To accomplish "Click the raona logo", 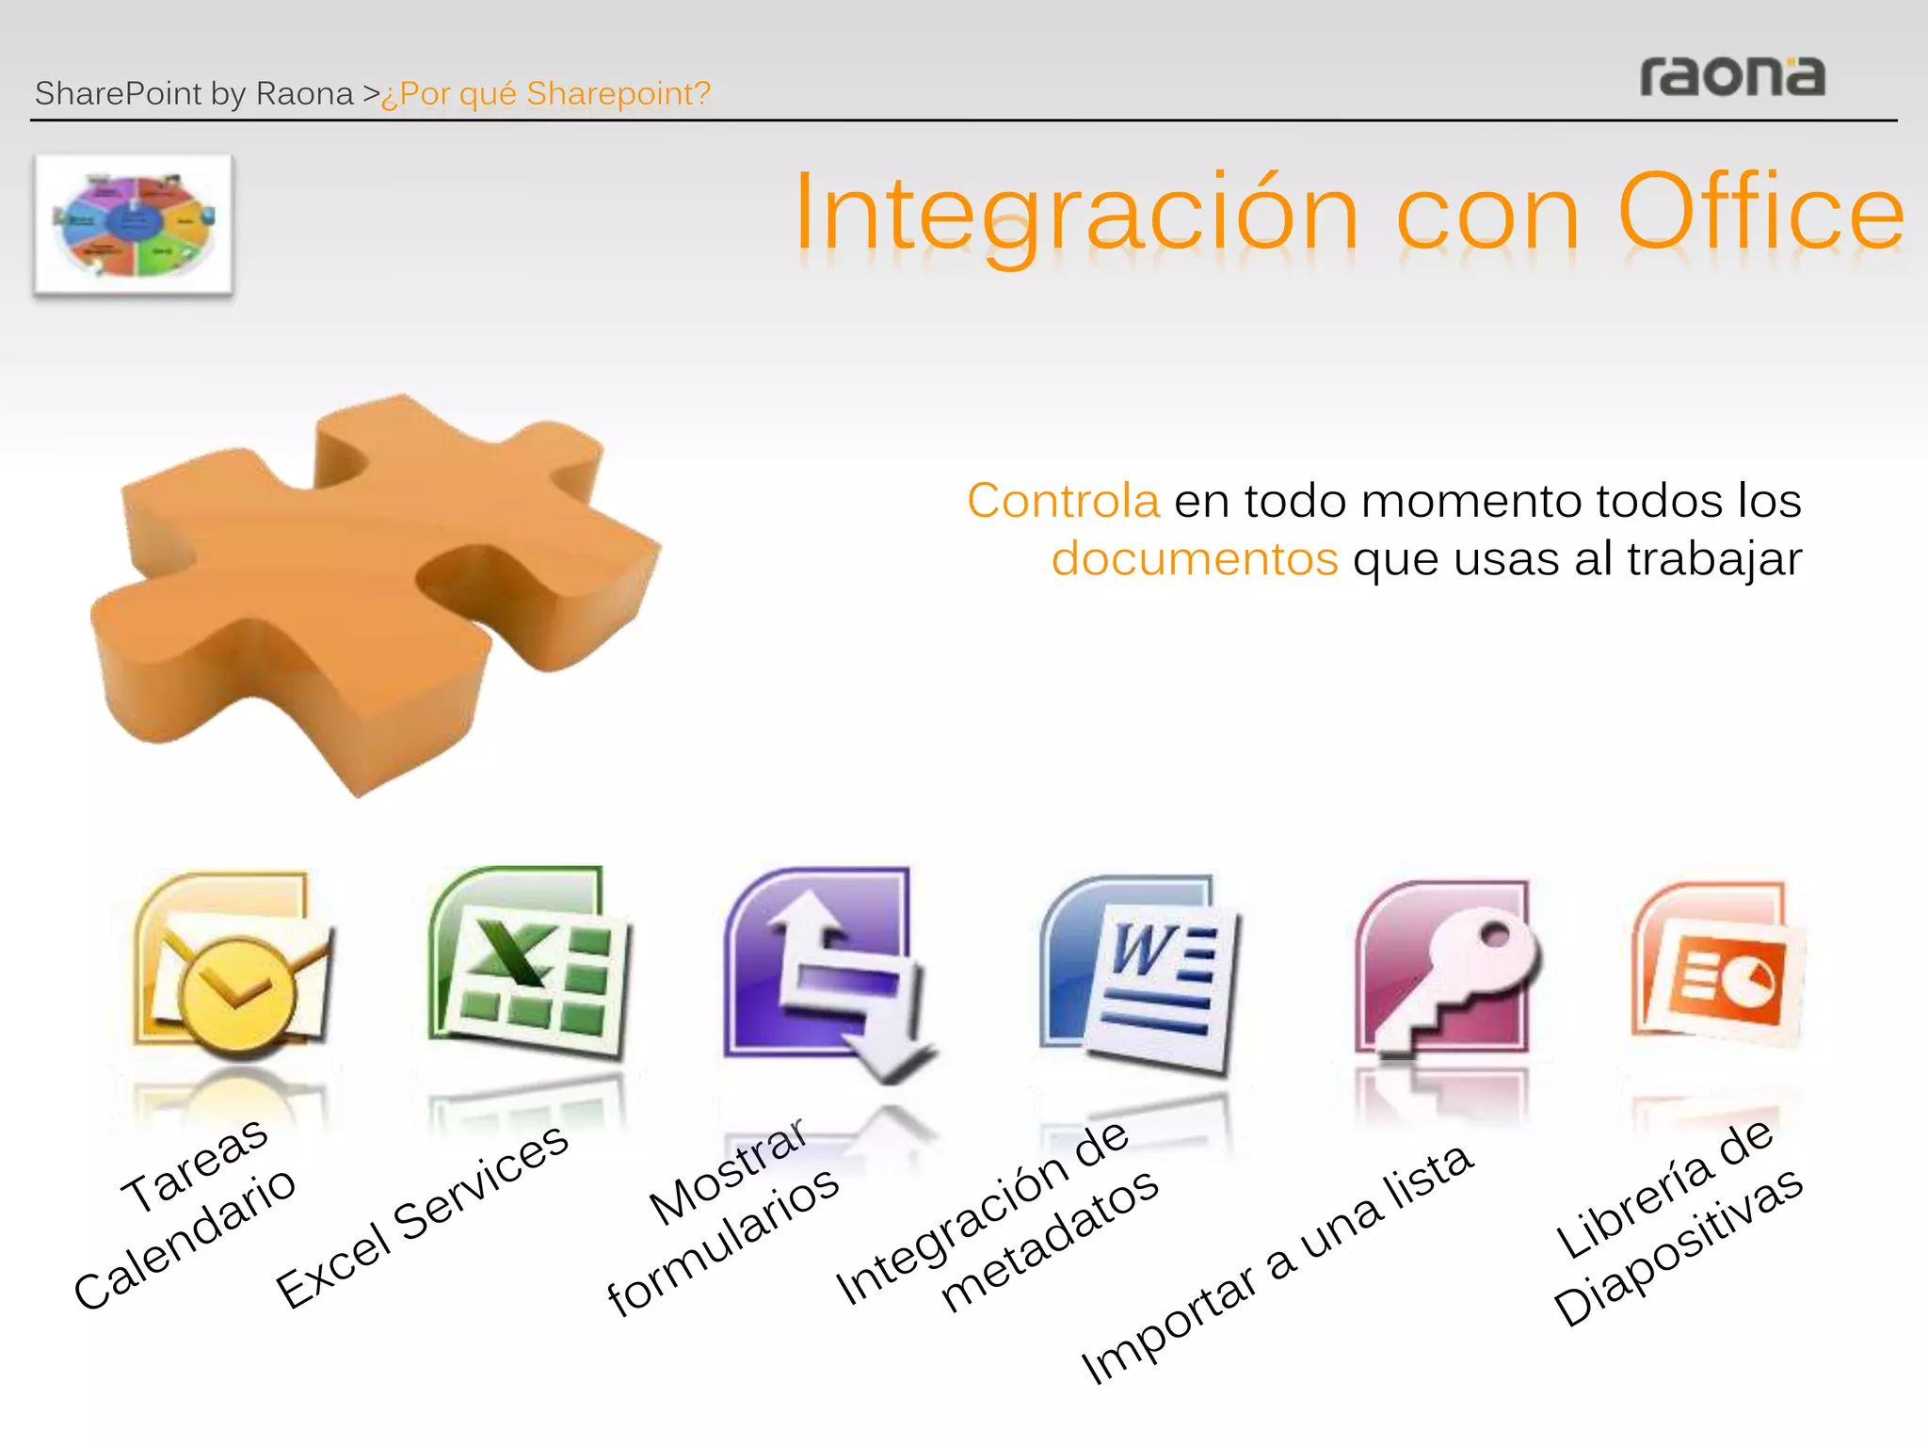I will (1732, 76).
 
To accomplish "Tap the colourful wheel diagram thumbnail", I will (134, 225).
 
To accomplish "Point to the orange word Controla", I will (1063, 500).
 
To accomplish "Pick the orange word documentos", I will (1195, 558).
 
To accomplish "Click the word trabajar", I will (1714, 558).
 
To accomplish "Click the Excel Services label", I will (423, 1216).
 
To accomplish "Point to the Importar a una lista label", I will (1277, 1264).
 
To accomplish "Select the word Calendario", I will (185, 1238).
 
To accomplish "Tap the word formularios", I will (723, 1241).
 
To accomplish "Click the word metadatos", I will (1050, 1240).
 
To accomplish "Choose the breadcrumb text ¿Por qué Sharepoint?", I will (546, 94).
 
